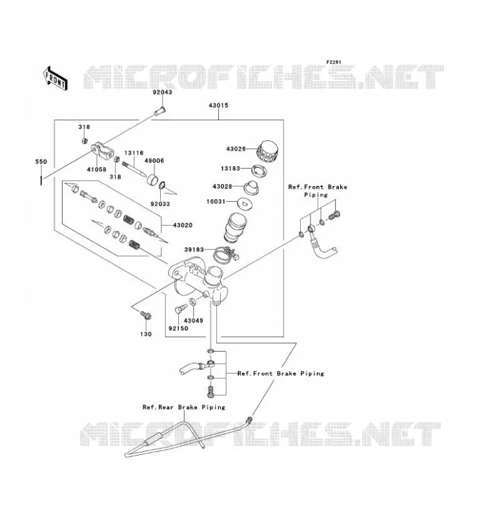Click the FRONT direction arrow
pyautogui.click(x=56, y=79)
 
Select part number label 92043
pyautogui.click(x=162, y=92)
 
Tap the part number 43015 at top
pyautogui.click(x=218, y=105)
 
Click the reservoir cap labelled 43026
pyautogui.click(x=267, y=152)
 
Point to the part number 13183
pyautogui.click(x=230, y=169)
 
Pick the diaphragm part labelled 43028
pyautogui.click(x=252, y=187)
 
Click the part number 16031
pyautogui.click(x=216, y=202)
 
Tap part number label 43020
pyautogui.click(x=183, y=225)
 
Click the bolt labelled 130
pyautogui.click(x=146, y=315)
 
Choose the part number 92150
pyautogui.click(x=178, y=328)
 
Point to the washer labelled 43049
pyautogui.click(x=192, y=301)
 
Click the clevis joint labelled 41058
pyautogui.click(x=103, y=151)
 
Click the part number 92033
pyautogui.click(x=160, y=204)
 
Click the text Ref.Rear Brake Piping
pyautogui.click(x=184, y=407)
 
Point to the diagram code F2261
pyautogui.click(x=334, y=62)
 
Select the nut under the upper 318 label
pyautogui.click(x=85, y=141)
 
